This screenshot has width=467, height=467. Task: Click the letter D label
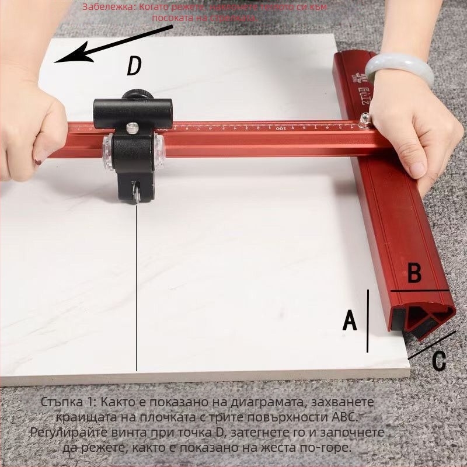click(x=134, y=67)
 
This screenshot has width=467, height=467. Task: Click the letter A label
click(x=349, y=320)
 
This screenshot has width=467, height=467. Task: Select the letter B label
click(x=414, y=273)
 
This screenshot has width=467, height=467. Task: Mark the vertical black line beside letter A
click(x=368, y=321)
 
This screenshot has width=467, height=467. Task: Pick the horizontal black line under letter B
click(x=420, y=290)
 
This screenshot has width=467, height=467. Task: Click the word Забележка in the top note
click(x=105, y=8)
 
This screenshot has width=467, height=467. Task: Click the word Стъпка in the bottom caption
click(x=64, y=403)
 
